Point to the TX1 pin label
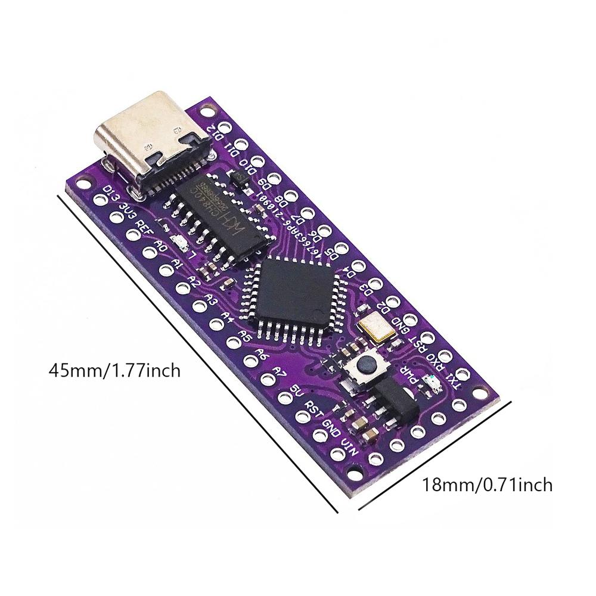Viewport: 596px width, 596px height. click(455, 380)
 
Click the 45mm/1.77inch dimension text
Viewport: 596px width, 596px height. click(114, 371)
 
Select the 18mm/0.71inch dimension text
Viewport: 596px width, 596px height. click(487, 485)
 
